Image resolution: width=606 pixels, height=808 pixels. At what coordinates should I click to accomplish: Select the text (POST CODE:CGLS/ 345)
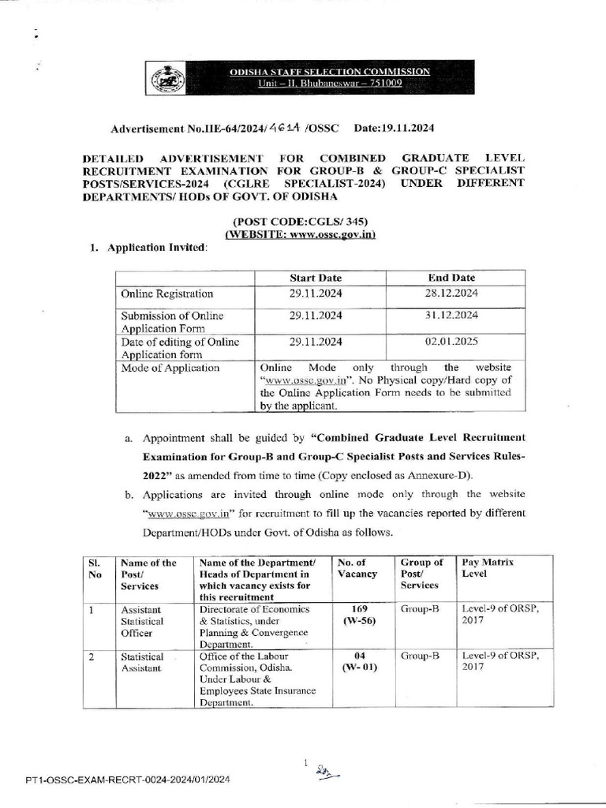301,221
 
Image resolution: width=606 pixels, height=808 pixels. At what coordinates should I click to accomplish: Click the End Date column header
451,278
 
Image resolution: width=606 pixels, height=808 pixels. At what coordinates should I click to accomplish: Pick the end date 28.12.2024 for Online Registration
452,294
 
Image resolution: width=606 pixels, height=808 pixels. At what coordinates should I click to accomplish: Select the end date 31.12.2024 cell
452,316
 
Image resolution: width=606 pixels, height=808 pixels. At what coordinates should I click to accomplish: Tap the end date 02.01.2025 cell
452,342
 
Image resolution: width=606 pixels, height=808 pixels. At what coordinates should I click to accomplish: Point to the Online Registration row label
166,294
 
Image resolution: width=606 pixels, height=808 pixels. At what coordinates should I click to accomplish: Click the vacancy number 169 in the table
359,609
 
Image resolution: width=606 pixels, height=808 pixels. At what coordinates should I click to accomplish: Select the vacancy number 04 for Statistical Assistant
359,656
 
